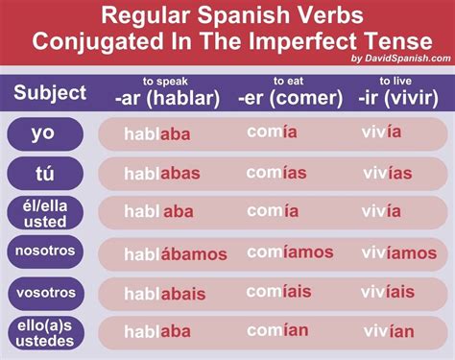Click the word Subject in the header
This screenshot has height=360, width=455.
[50, 94]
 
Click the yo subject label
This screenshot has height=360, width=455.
[44, 133]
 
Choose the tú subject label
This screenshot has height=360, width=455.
[44, 174]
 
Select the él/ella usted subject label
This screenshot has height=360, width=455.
[44, 213]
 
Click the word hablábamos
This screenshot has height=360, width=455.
[176, 254]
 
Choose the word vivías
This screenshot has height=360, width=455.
[387, 173]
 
